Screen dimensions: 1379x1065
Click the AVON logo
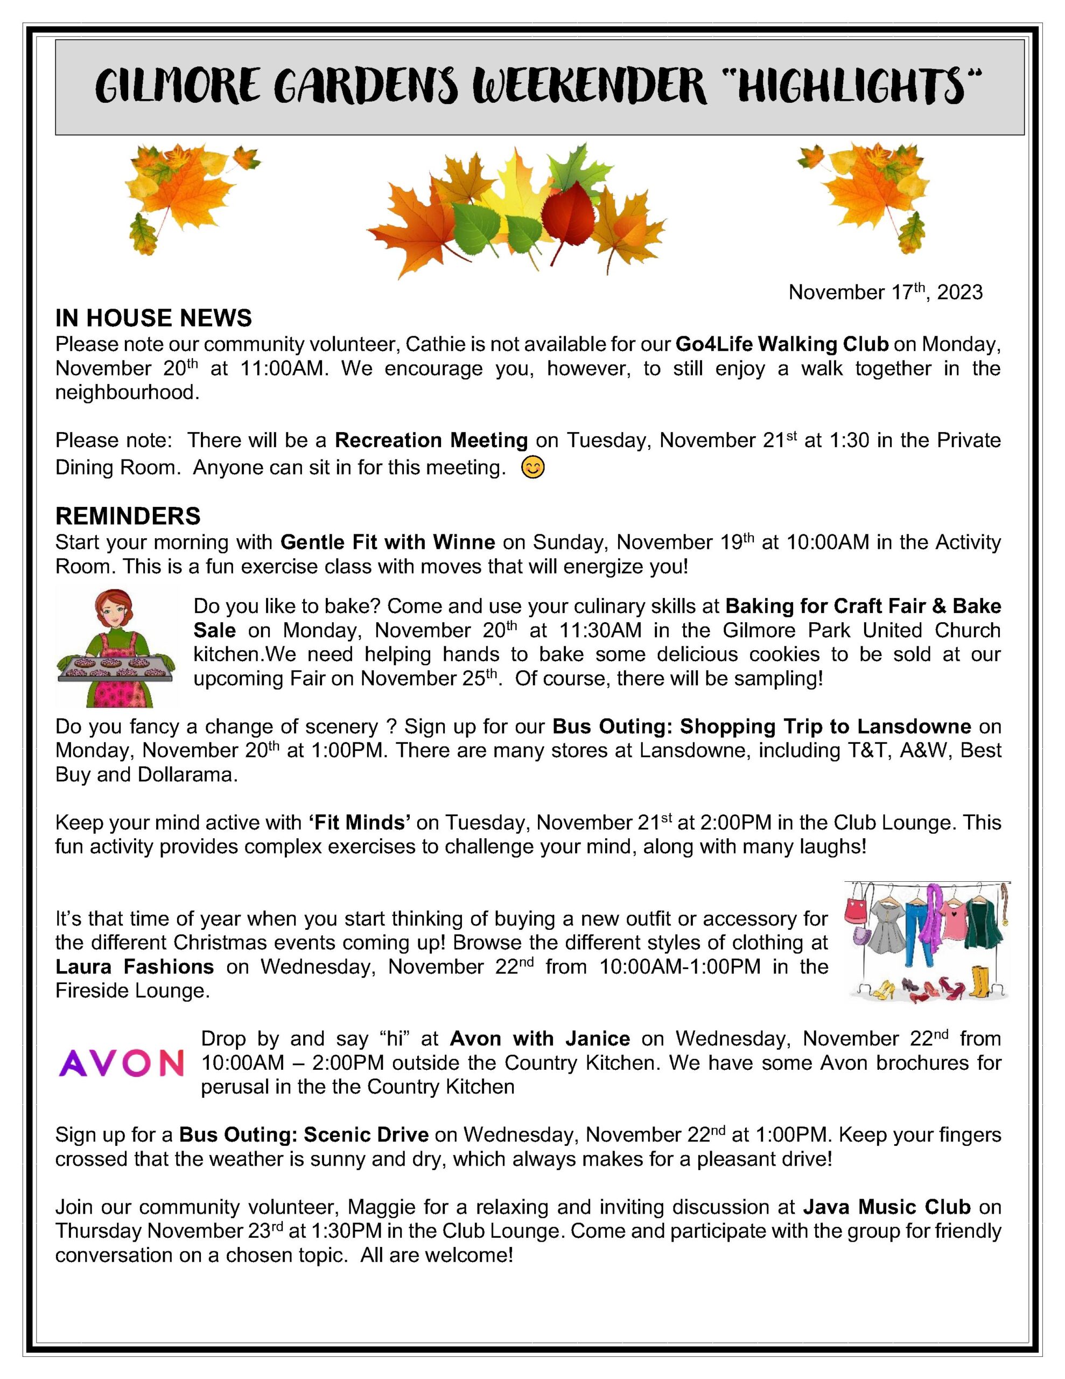pyautogui.click(x=121, y=1062)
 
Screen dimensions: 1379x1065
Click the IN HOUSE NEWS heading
pyautogui.click(x=153, y=318)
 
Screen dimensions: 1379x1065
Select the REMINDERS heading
pyautogui.click(x=128, y=516)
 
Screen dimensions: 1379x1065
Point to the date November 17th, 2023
pyautogui.click(x=885, y=292)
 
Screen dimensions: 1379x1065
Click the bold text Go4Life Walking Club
pyautogui.click(x=782, y=344)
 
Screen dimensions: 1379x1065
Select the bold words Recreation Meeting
pyautogui.click(x=431, y=440)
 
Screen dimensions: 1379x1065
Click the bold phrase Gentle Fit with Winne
pyautogui.click(x=388, y=542)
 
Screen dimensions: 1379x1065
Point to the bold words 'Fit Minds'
pyautogui.click(x=360, y=822)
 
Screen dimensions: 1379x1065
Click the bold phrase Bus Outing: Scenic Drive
pyautogui.click(x=304, y=1134)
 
